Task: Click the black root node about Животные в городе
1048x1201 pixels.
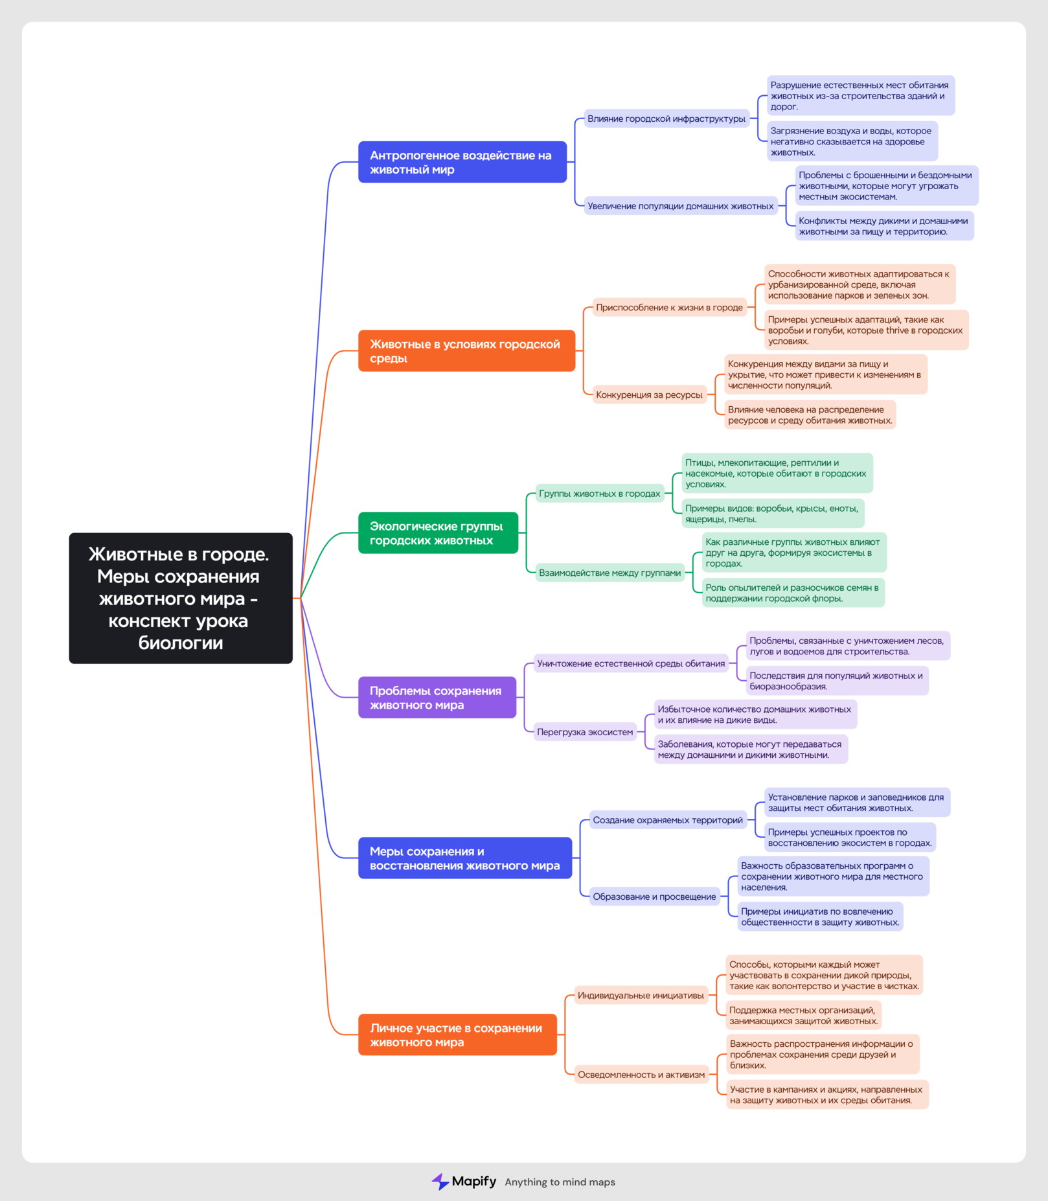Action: (181, 598)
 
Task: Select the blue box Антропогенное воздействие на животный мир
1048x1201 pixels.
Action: (462, 162)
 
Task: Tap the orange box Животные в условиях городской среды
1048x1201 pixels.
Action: (466, 350)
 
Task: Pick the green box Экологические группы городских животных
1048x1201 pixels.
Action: (438, 532)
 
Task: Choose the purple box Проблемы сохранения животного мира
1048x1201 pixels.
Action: (437, 697)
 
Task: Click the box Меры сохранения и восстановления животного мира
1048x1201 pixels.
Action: (465, 858)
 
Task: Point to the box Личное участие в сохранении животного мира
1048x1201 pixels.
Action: (457, 1035)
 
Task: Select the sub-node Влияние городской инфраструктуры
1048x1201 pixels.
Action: (666, 119)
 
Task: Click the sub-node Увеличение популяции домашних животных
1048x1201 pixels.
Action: (681, 206)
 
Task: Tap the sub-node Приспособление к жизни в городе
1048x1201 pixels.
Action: (669, 307)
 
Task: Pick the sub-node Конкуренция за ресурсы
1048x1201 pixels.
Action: (649, 395)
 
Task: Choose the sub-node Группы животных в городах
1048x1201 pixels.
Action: (600, 494)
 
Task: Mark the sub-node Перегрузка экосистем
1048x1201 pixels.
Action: (585, 732)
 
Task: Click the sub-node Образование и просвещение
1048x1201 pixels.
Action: (655, 897)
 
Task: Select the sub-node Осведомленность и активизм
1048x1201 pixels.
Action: (641, 1075)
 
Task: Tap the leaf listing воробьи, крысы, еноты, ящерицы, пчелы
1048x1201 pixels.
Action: (773, 514)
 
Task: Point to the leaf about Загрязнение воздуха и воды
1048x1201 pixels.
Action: (852, 141)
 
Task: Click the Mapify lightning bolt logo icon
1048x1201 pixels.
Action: (440, 1182)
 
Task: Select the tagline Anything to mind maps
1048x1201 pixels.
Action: (560, 1182)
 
